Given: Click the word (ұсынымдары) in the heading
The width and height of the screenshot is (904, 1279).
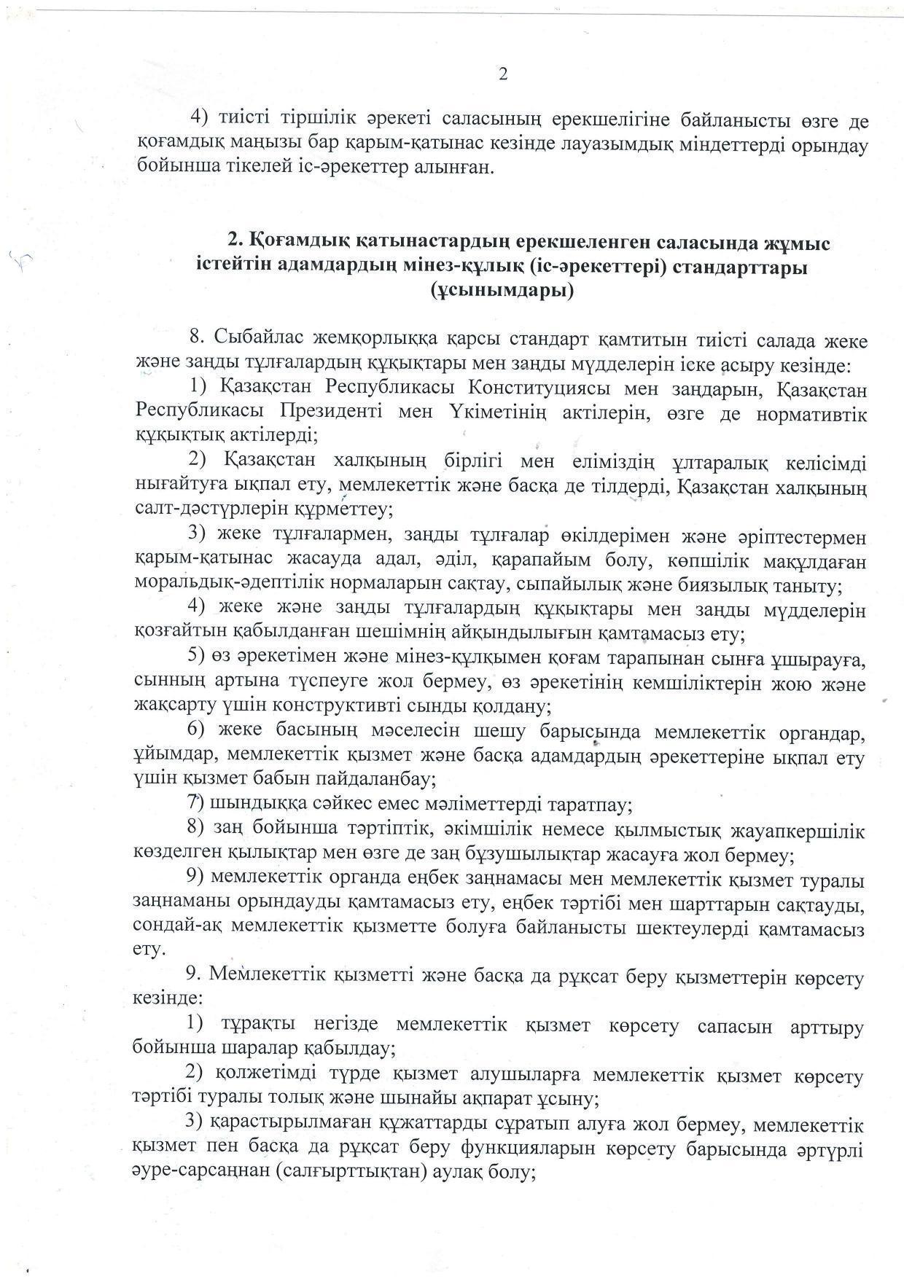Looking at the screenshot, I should [x=502, y=292].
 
